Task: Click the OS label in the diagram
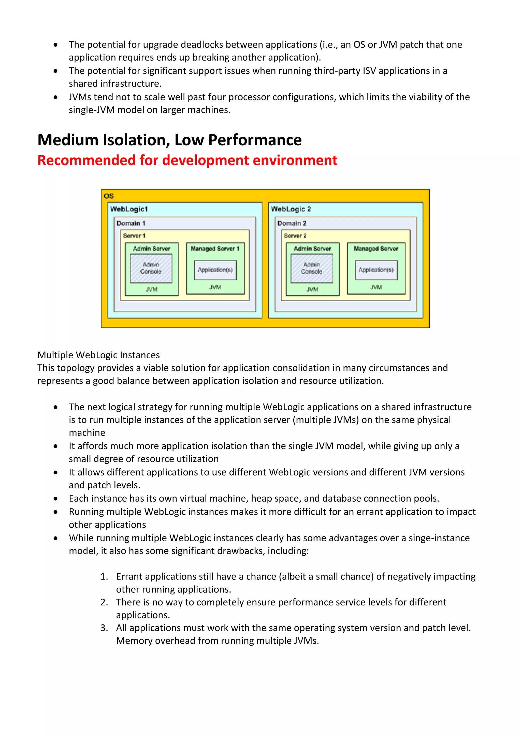click(x=109, y=196)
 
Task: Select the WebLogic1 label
click(x=129, y=209)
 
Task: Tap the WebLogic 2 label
click(x=291, y=209)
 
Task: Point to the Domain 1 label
click(x=131, y=223)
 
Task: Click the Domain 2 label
click(x=292, y=223)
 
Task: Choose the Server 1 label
click(x=134, y=236)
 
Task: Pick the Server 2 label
click(x=295, y=236)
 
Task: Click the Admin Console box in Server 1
click(x=151, y=268)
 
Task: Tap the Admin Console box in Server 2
click(x=312, y=268)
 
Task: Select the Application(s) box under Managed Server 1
click(x=215, y=270)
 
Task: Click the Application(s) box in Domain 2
click(x=376, y=270)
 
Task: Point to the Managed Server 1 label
click(x=215, y=248)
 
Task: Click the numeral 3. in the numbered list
click(x=104, y=628)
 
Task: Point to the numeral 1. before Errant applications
click(x=104, y=576)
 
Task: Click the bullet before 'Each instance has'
click(x=56, y=499)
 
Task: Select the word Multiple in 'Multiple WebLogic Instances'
click(x=55, y=355)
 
